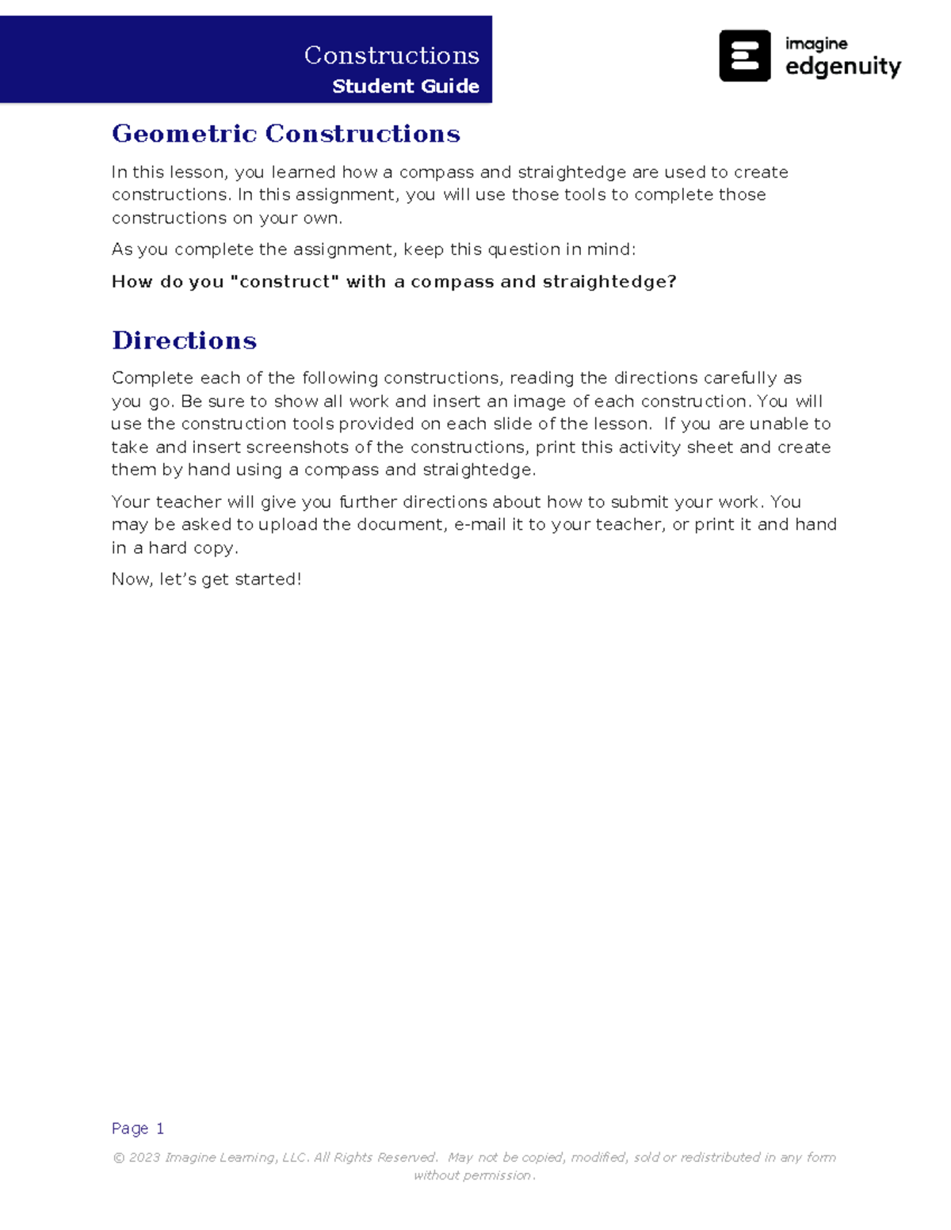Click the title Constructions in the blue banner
coord(391,55)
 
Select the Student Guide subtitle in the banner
coord(405,86)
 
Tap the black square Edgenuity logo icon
coord(744,56)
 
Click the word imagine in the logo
coord(815,44)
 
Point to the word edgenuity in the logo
coord(842,67)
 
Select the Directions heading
coord(184,341)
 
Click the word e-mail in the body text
coord(479,524)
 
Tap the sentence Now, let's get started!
coord(206,579)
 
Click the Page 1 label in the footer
coord(138,1128)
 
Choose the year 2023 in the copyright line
coord(144,1157)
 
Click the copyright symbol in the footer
coord(119,1158)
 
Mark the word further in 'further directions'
coord(368,502)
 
